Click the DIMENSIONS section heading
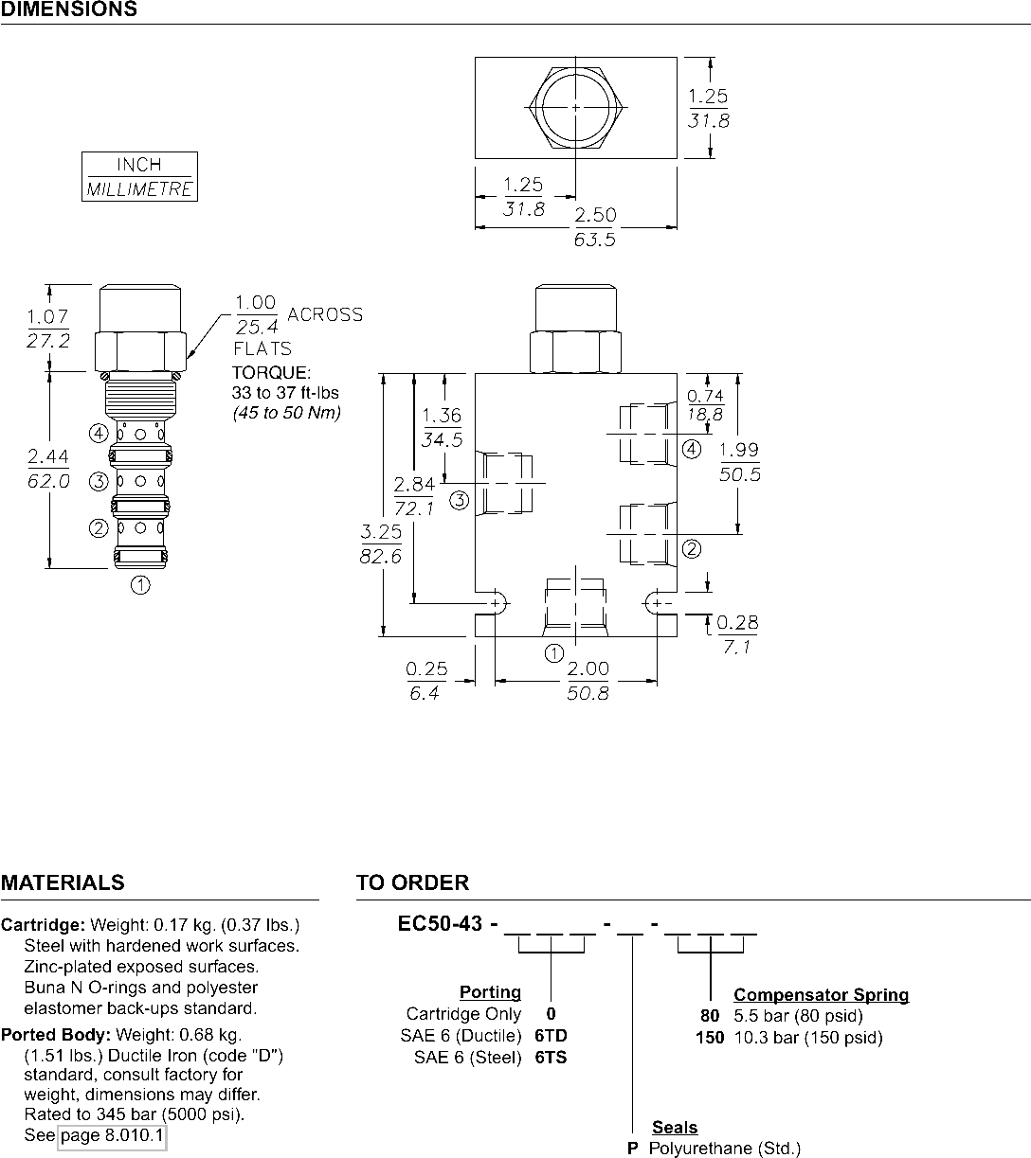click(x=69, y=9)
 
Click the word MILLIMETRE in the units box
click(x=139, y=189)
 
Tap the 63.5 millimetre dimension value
click(x=594, y=240)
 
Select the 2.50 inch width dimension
click(x=596, y=215)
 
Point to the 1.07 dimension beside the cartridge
click(x=47, y=316)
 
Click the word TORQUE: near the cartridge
click(x=271, y=373)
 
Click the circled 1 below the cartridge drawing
click(x=140, y=585)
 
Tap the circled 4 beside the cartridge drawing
click(x=99, y=434)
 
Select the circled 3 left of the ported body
click(x=459, y=501)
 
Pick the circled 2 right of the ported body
click(x=692, y=549)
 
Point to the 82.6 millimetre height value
click(x=381, y=556)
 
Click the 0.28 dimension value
click(x=737, y=622)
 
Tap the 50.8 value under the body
click(x=588, y=693)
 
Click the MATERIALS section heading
click(x=63, y=882)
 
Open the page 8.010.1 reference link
click(x=112, y=1134)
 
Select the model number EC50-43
click(x=440, y=923)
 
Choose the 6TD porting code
click(x=551, y=1035)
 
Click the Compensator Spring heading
click(x=821, y=995)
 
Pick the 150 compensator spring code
click(x=710, y=1037)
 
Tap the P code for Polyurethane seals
click(x=632, y=1148)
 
